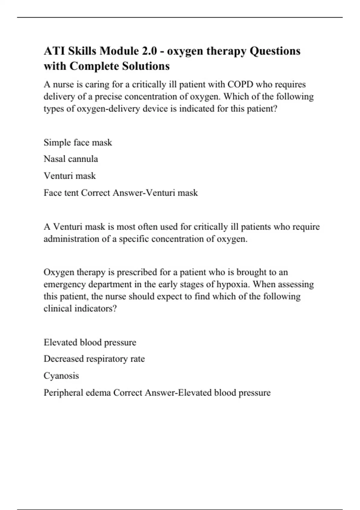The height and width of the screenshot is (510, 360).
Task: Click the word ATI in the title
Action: point(53,51)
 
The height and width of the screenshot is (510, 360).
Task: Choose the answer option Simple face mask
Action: point(78,142)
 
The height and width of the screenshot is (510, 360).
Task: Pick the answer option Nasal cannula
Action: point(71,159)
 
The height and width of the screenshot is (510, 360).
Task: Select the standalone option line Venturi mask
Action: point(70,175)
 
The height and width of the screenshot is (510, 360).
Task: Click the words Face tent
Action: point(61,193)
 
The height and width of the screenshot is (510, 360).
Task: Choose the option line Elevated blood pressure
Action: point(90,342)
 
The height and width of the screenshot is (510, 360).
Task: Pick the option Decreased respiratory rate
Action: point(94,359)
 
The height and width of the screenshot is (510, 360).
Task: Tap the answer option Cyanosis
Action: point(61,376)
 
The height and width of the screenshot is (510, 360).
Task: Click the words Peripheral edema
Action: point(77,393)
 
